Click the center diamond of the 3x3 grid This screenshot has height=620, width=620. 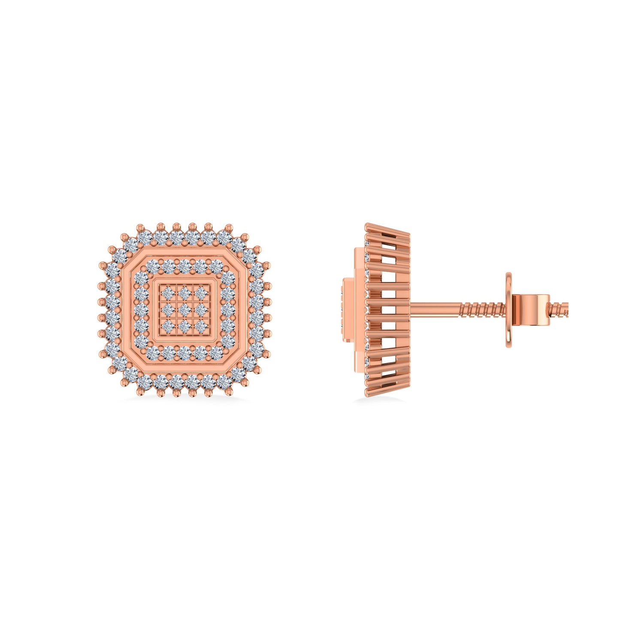pos(184,310)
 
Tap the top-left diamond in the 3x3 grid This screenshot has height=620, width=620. pos(168,293)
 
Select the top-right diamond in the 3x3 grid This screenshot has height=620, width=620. pos(201,293)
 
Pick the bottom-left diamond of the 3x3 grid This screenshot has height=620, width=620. pos(168,326)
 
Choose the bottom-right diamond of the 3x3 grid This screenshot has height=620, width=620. pos(201,326)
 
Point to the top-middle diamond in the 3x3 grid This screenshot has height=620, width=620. pos(184,293)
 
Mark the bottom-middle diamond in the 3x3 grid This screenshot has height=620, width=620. pos(184,326)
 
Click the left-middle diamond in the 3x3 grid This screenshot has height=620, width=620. pos(168,310)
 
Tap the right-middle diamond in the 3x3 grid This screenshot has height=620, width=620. pos(201,310)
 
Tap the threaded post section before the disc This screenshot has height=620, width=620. pos(483,308)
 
